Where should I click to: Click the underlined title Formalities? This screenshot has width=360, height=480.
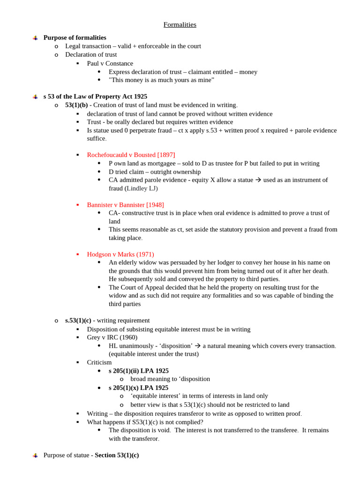180,25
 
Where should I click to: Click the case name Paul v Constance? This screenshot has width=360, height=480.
110,63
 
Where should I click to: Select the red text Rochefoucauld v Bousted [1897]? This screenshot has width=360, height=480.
131,155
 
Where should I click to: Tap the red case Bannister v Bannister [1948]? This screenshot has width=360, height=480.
125,205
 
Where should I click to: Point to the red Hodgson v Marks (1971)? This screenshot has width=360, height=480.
120,254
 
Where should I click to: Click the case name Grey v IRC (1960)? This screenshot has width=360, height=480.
112,337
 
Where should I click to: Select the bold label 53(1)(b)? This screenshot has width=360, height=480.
76,105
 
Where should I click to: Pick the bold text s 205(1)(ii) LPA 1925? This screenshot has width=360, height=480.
138,371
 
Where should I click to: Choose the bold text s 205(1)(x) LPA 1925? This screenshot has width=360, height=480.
138,388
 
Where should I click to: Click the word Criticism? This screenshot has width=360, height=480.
99,362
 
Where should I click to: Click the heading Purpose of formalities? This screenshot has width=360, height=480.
75,37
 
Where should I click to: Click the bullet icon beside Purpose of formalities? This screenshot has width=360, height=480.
35,38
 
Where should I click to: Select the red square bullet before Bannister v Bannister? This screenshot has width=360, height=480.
78,205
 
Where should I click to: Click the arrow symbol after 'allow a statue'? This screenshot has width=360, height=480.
258,180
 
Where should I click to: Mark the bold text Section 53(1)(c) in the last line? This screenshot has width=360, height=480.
117,455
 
